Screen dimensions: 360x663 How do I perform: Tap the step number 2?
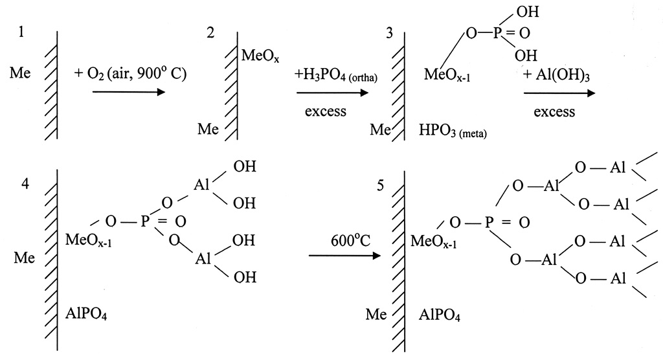(x=211, y=32)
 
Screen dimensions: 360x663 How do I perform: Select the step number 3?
(x=389, y=32)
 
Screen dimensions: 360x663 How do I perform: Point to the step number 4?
(x=25, y=183)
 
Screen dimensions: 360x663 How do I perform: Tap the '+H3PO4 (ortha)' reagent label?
(x=336, y=75)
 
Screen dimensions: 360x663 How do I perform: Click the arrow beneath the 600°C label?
(x=344, y=256)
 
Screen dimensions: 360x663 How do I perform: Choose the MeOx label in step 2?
(x=260, y=57)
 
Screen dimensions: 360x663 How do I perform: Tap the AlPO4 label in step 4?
(x=90, y=315)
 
